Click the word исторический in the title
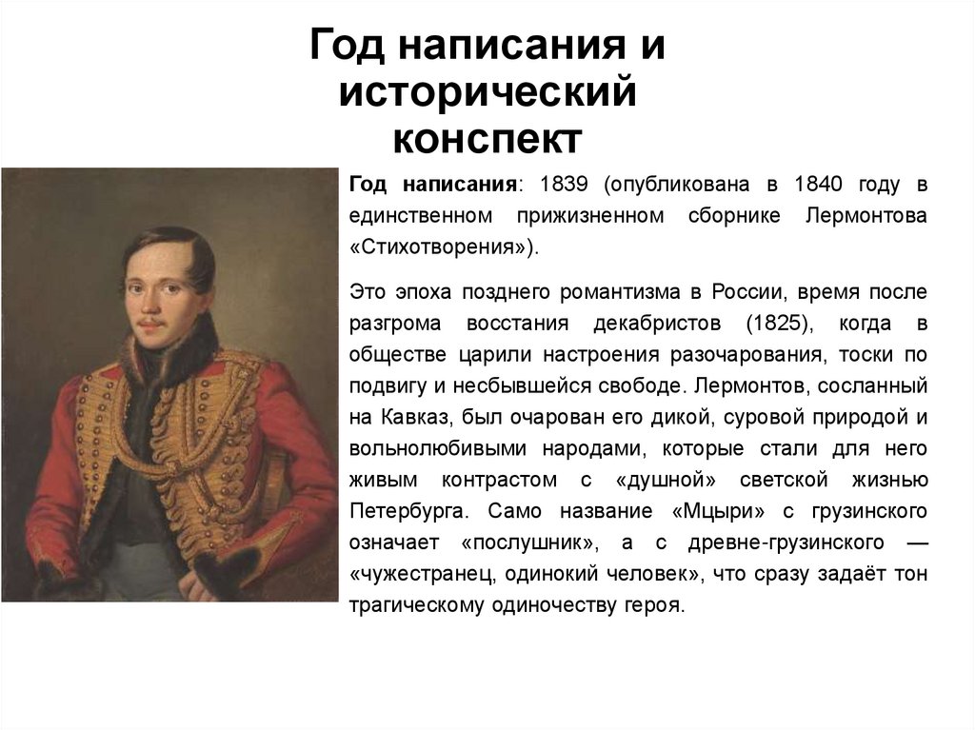click(487, 94)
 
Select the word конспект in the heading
click(487, 139)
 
